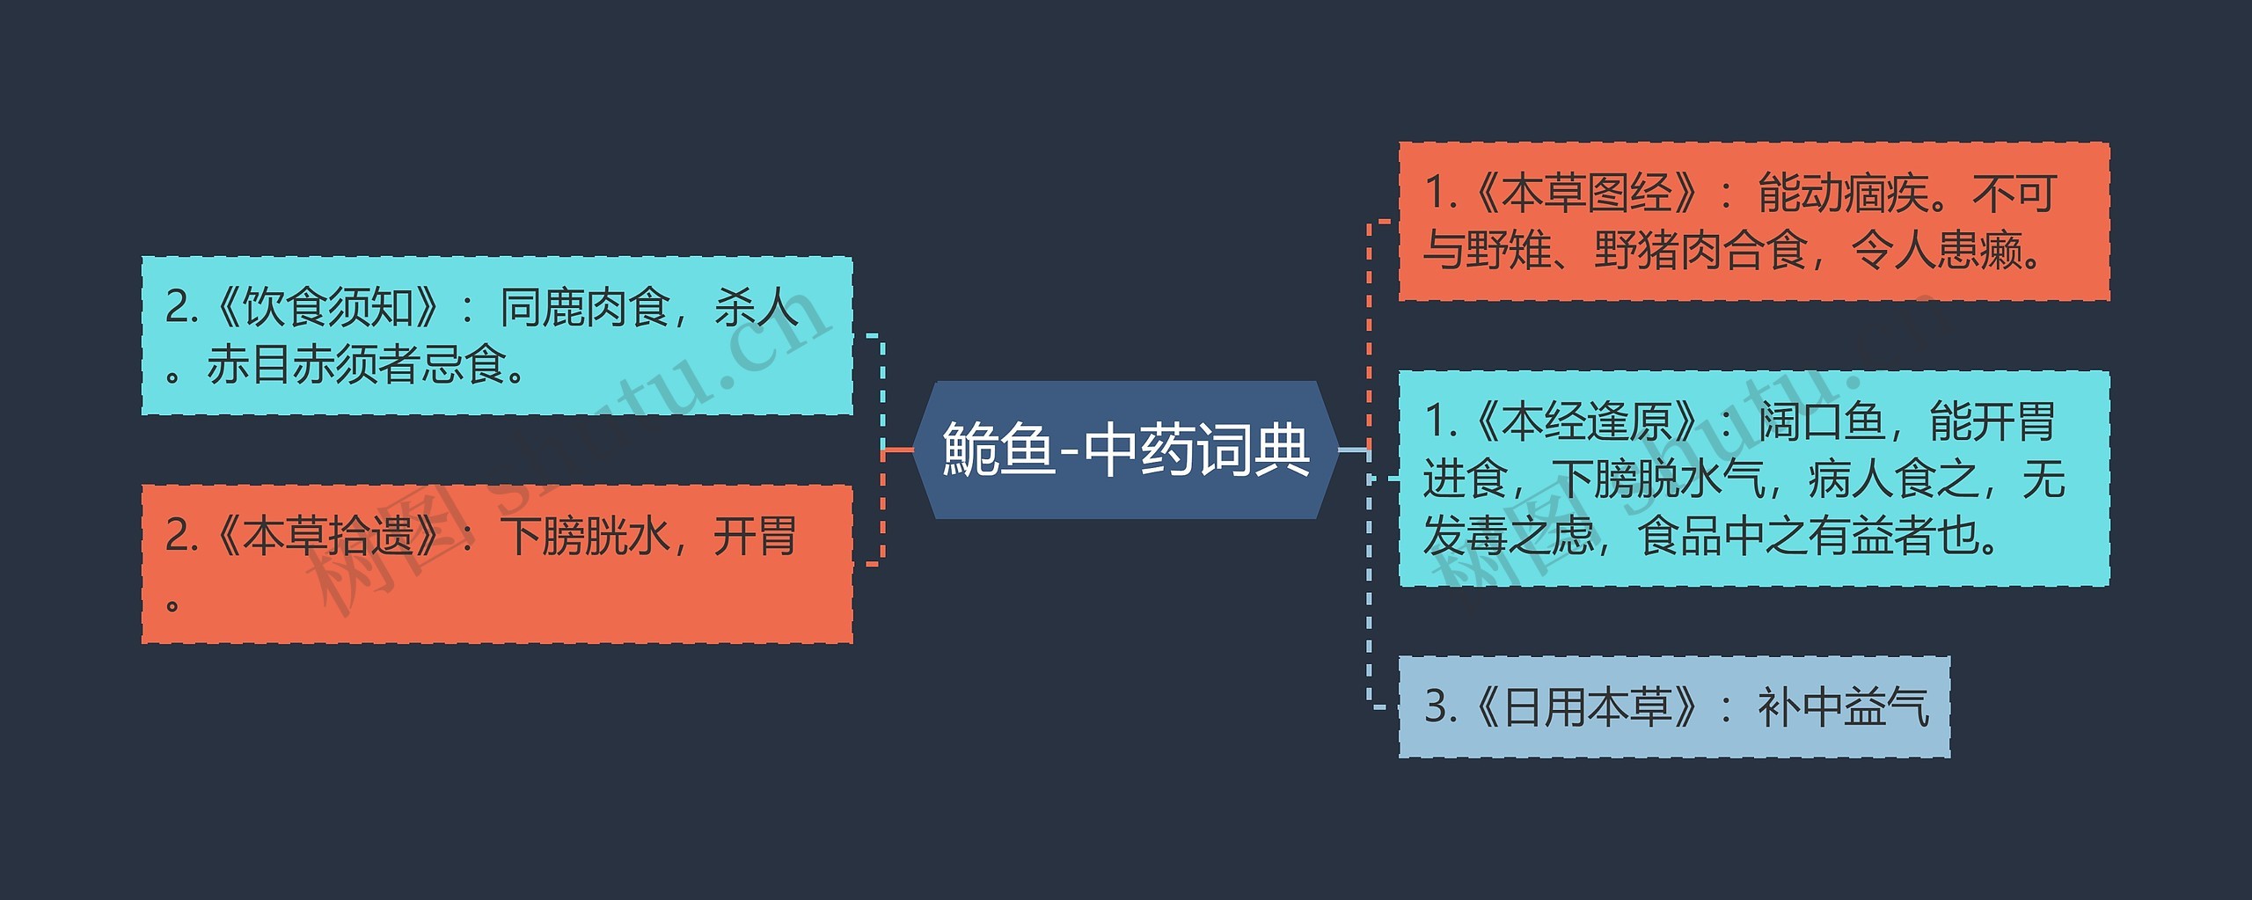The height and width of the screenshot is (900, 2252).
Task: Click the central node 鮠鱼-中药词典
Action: tap(1126, 450)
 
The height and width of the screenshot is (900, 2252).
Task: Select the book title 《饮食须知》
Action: tap(327, 308)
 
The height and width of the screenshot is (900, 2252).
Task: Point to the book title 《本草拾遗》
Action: tap(327, 537)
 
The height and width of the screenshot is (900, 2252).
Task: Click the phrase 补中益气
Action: tap(1843, 707)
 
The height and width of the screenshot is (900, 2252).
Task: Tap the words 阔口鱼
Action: tap(1821, 422)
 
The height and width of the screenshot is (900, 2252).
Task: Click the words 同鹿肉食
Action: tap(585, 308)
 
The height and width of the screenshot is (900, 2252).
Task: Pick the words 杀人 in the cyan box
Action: tap(756, 308)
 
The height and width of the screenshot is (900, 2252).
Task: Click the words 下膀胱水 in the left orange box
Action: tap(585, 537)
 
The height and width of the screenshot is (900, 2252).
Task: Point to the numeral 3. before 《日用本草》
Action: tap(1439, 707)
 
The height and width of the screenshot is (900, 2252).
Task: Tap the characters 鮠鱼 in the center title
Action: tap(998, 450)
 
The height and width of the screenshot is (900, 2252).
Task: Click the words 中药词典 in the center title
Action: tap(1196, 450)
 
